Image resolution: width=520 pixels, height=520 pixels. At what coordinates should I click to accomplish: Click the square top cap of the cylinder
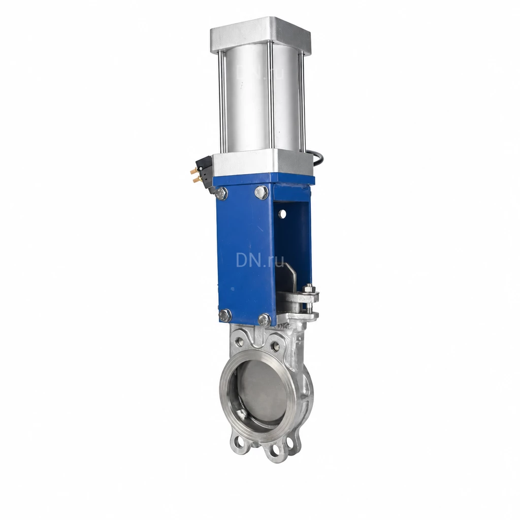pyautogui.click(x=261, y=33)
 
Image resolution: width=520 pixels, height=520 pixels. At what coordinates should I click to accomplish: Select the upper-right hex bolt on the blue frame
pyautogui.click(x=262, y=192)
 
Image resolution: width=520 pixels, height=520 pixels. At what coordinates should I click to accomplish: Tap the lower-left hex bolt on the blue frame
pyautogui.click(x=224, y=315)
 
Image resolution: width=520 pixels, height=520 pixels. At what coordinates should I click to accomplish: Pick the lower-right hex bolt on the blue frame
pyautogui.click(x=264, y=319)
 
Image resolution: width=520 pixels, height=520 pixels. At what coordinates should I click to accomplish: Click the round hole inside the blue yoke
pyautogui.click(x=282, y=214)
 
